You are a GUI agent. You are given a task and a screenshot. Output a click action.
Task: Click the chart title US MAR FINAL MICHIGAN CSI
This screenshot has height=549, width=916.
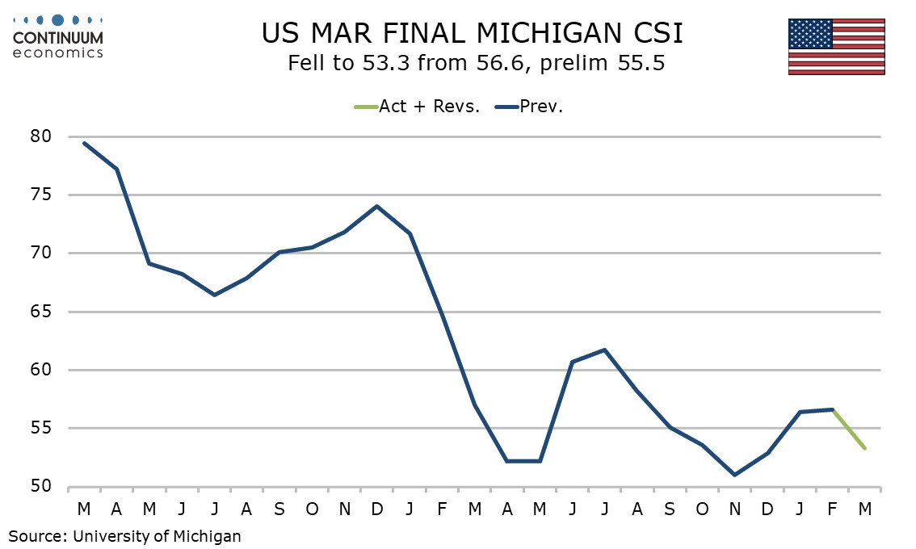pos(473,34)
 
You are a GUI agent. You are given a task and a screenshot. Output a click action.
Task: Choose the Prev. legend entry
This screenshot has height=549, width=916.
pos(542,107)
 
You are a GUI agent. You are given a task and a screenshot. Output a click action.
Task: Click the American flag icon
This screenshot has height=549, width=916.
pos(836,47)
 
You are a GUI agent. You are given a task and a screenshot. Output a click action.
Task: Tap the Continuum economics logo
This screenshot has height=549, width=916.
pos(58,36)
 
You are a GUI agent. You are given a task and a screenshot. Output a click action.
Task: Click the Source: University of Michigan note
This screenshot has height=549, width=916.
pos(125,534)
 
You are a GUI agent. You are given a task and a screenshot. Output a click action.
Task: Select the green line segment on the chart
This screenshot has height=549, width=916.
pos(848,429)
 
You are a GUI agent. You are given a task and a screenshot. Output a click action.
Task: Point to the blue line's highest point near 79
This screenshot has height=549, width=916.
pos(85,143)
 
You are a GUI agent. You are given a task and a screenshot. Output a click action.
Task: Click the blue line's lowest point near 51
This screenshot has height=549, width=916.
pos(734,475)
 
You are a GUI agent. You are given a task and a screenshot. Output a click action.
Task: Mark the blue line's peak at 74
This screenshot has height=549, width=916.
pos(377,206)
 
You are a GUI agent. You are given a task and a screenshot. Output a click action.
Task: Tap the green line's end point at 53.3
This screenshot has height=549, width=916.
pos(864,448)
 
